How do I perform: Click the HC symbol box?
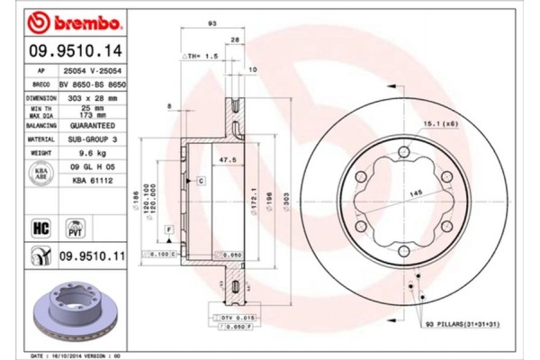pyautogui.click(x=41, y=228)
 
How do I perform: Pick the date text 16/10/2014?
pyautogui.click(x=75, y=355)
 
